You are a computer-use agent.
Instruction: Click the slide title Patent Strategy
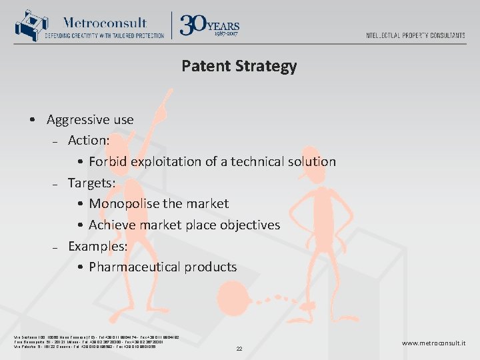[239, 66]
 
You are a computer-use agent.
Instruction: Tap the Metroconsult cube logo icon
[28, 26]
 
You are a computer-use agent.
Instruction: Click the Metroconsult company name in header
[105, 22]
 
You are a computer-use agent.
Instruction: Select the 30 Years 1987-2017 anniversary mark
[210, 25]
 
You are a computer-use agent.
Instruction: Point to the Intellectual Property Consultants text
[415, 35]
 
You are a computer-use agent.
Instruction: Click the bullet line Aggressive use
[90, 120]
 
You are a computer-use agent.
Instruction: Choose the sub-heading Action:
[89, 141]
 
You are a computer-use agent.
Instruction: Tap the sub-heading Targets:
[93, 183]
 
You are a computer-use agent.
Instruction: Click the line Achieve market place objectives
[184, 225]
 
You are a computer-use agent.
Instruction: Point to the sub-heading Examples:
[97, 246]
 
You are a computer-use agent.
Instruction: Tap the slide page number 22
[239, 349]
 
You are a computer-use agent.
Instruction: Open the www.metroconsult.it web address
[433, 343]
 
